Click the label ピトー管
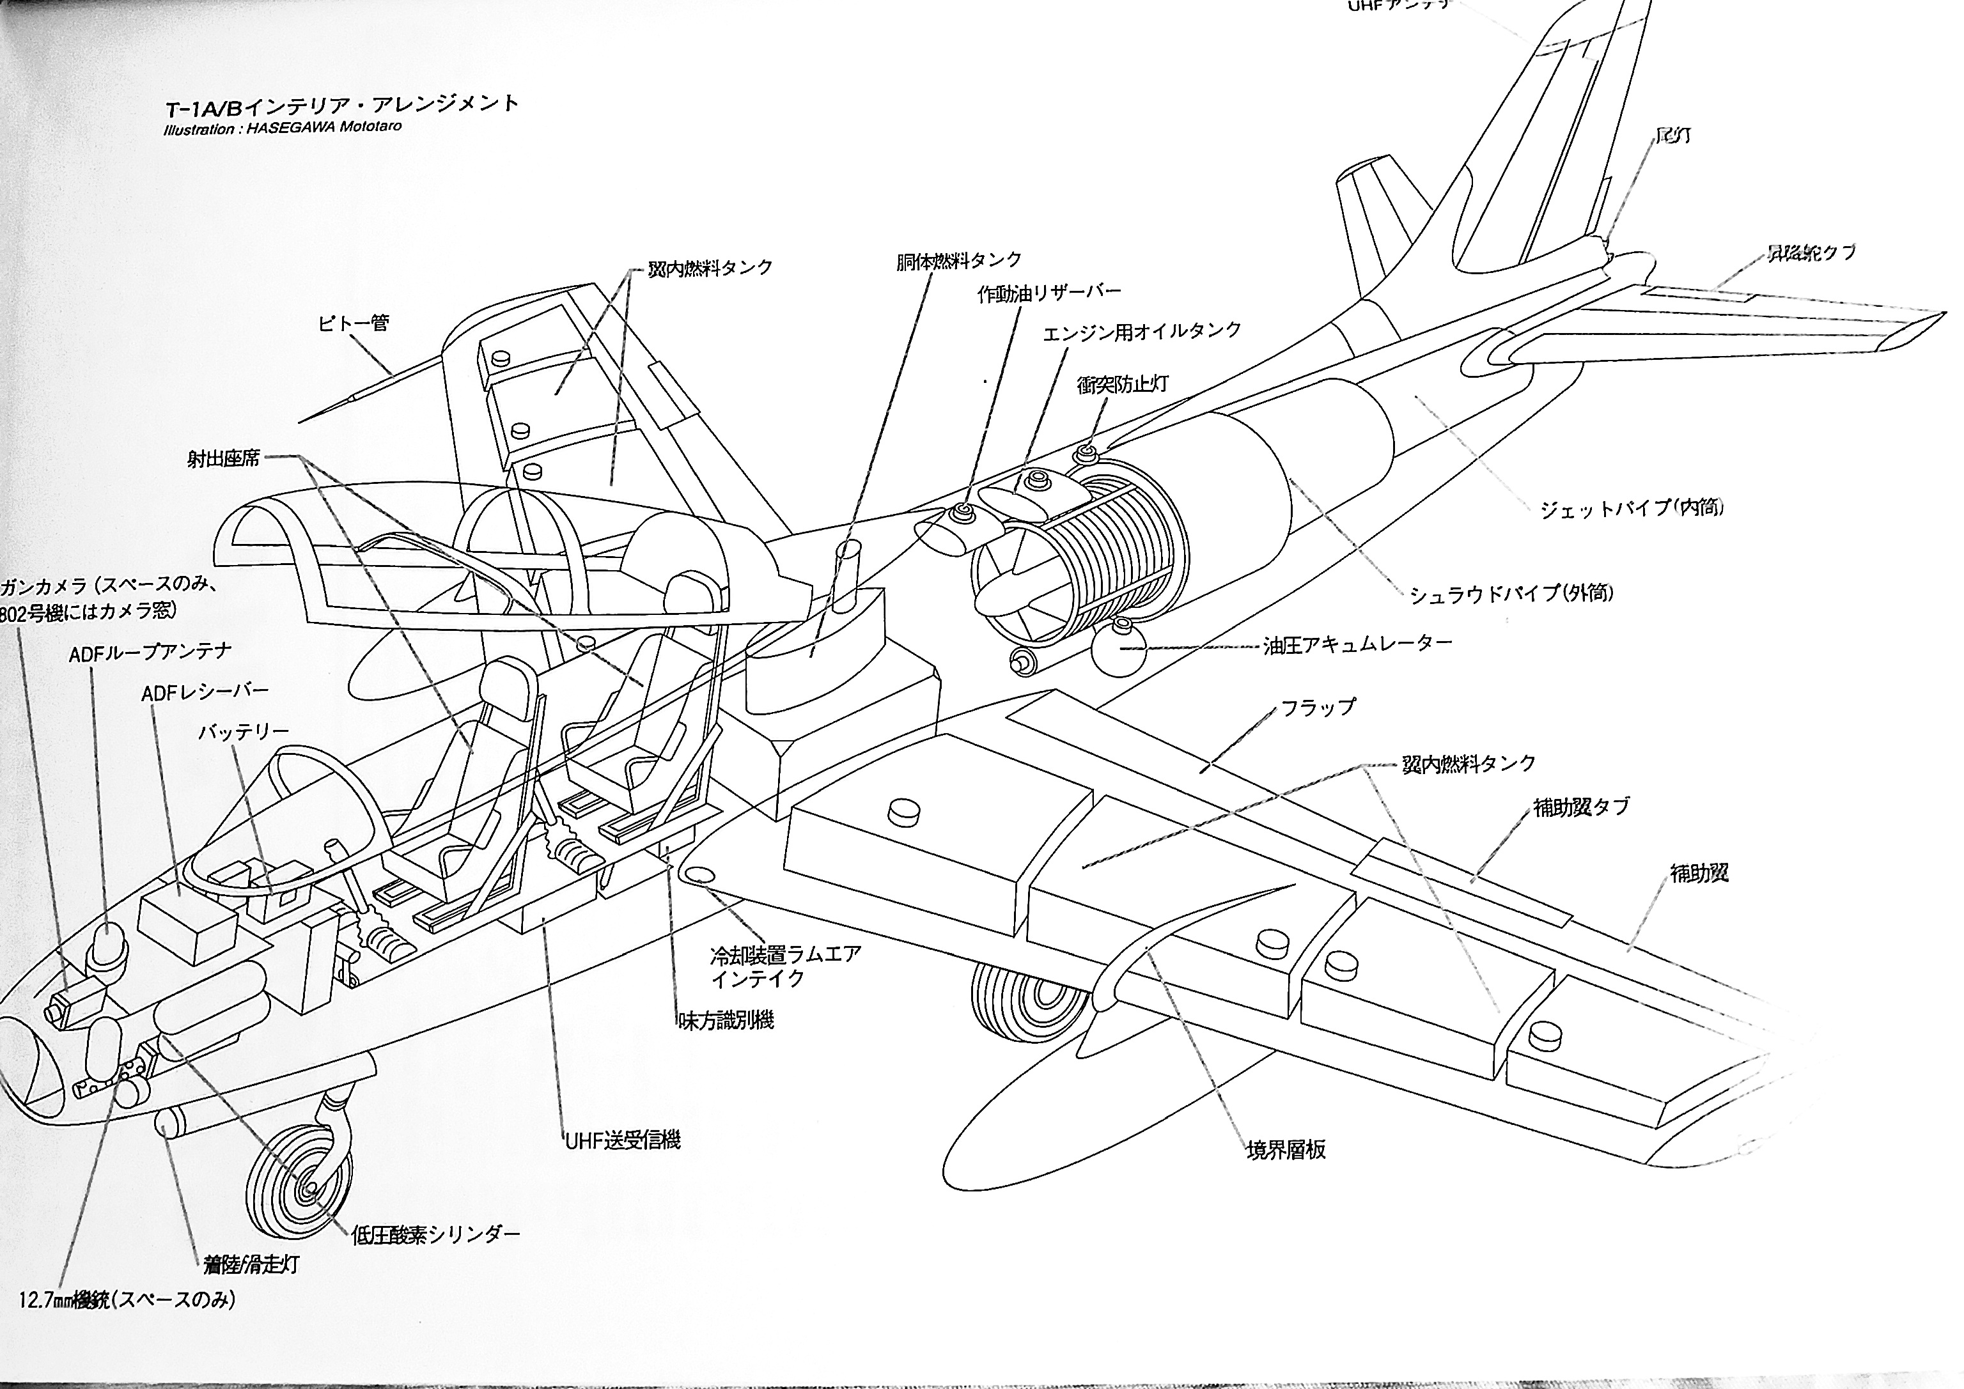coord(354,323)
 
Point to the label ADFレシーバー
coord(205,691)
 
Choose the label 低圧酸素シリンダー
coord(435,1234)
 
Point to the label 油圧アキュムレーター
coord(1357,644)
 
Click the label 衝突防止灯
coord(1122,384)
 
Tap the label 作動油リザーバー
coord(1048,293)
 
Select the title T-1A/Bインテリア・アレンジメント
coord(342,104)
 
